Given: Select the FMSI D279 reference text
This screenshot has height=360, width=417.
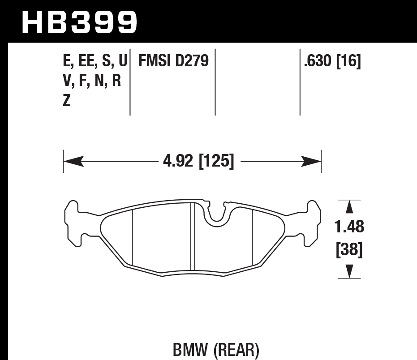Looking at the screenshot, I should coord(174,61).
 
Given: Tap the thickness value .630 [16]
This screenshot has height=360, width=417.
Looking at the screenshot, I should coord(332,61).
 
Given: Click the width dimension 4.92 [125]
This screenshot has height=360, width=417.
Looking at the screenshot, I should coord(198,161).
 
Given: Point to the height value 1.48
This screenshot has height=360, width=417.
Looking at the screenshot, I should coord(349,227).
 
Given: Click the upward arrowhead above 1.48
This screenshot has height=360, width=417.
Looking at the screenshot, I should coord(349,207).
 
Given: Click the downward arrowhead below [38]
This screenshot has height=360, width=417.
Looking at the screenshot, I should coord(349,271).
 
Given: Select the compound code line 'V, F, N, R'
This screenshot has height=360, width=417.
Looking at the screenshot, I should coord(92,81).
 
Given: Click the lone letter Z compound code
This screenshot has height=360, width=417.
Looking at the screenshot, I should coord(67,101).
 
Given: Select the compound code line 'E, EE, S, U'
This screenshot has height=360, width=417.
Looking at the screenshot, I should coord(95,61).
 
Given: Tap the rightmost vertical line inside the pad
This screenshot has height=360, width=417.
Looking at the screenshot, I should coord(253,237).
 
